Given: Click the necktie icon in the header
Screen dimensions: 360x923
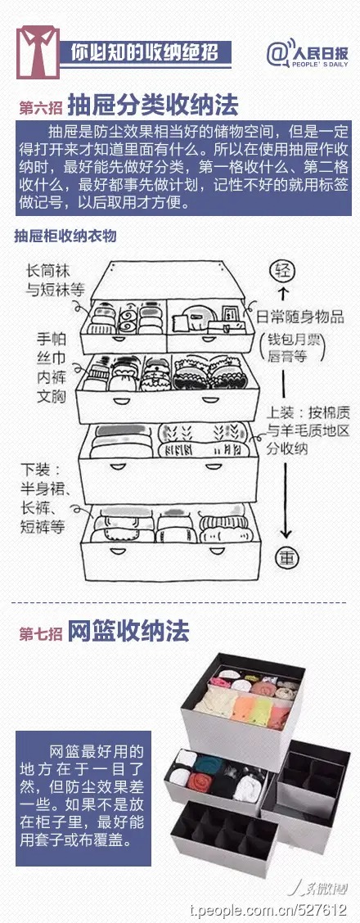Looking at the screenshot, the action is coord(38,52).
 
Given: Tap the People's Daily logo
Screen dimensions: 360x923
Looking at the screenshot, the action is coord(307,53).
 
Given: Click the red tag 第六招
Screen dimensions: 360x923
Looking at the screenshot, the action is coord(41,108).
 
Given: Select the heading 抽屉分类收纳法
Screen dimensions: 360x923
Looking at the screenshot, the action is coord(154,106).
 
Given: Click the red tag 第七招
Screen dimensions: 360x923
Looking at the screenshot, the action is coord(41,634).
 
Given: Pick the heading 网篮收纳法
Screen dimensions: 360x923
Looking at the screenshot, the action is coord(128,633).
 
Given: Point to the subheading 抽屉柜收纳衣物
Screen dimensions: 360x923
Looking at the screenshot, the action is coord(65,236).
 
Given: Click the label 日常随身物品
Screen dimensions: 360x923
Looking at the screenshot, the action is coord(300,317).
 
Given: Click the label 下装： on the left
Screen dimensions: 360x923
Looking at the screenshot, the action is coord(41,471).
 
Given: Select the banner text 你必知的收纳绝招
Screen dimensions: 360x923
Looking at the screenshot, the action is coord(145,53).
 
